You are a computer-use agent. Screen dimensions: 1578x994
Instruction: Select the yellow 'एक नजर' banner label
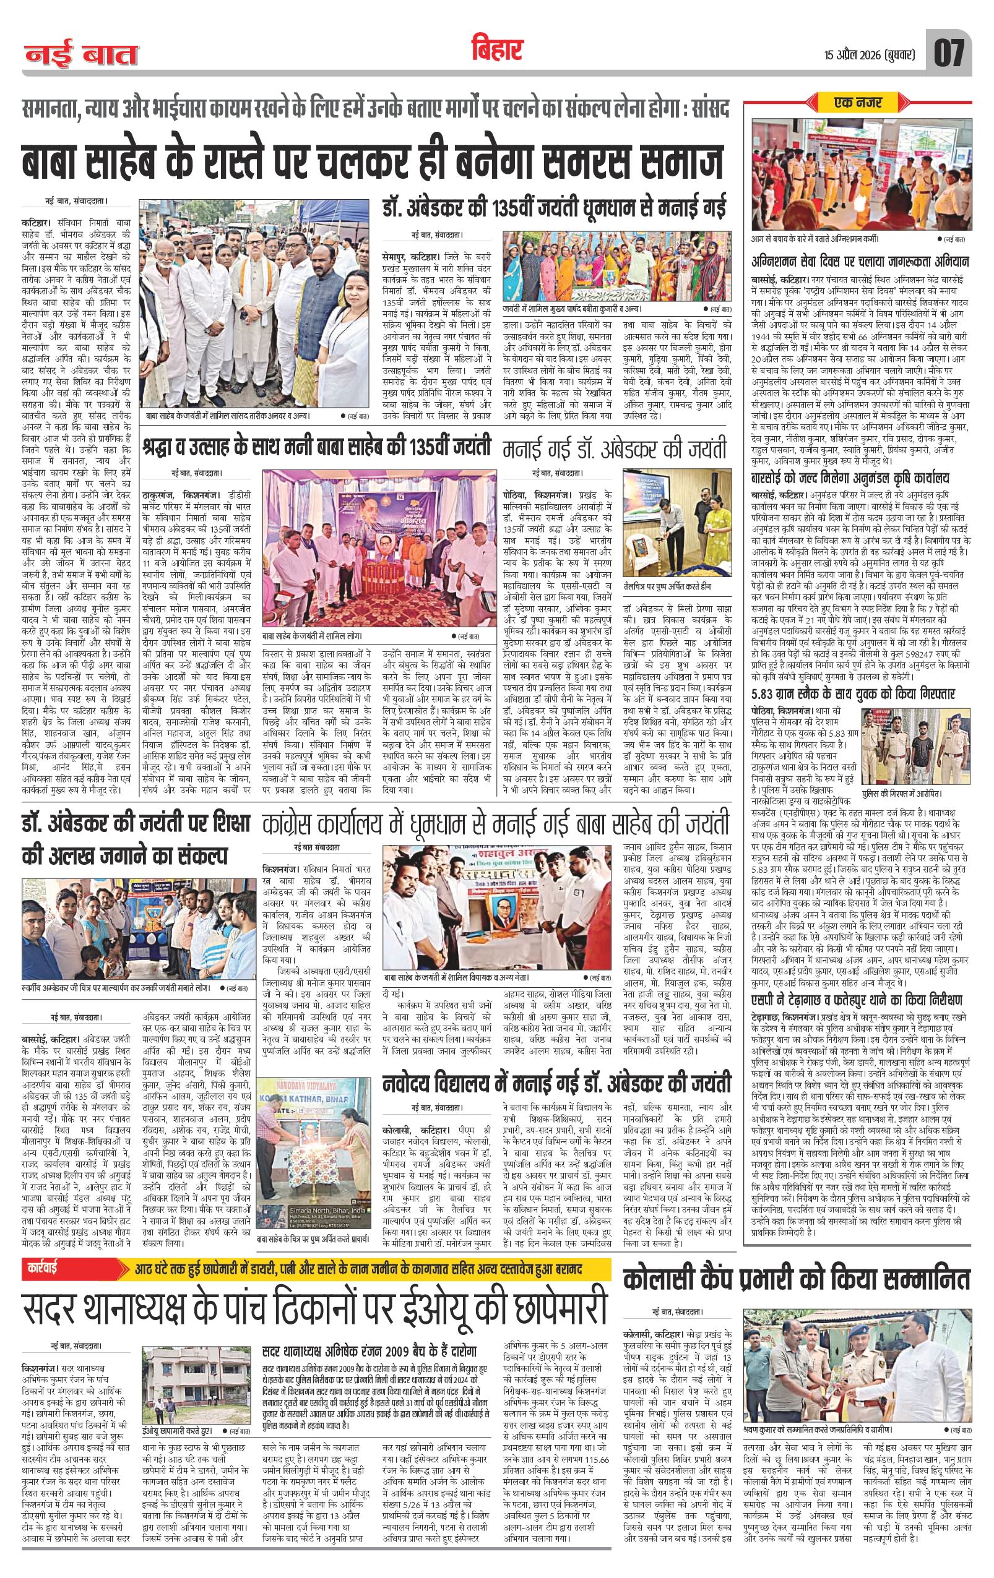(x=858, y=102)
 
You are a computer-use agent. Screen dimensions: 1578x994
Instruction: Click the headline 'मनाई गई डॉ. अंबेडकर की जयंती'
(x=616, y=450)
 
